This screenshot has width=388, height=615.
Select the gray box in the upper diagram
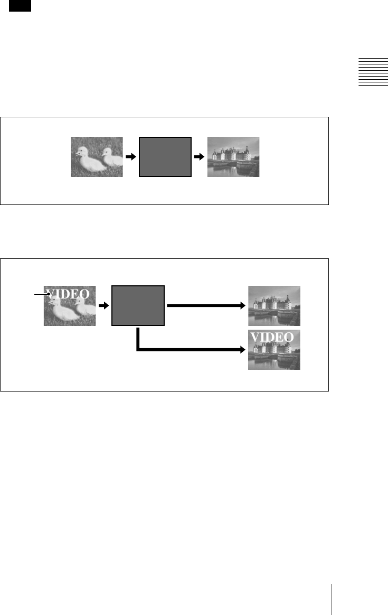(165, 157)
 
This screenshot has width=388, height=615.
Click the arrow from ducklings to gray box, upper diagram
(130, 157)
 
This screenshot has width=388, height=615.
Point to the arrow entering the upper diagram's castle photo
(199, 157)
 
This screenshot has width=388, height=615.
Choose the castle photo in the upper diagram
(233, 157)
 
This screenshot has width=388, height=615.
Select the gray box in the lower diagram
(138, 306)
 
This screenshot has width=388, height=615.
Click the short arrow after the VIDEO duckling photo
(103, 306)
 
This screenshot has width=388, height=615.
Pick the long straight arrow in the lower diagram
(206, 305)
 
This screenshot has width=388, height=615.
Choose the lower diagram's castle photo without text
(275, 305)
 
